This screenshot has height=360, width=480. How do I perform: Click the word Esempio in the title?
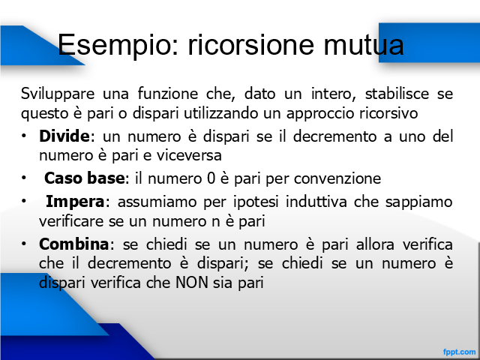coord(118,45)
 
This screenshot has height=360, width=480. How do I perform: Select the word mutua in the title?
coord(364,45)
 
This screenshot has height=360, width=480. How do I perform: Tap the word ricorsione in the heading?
coord(251,45)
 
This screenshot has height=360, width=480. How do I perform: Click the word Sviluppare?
coord(58,94)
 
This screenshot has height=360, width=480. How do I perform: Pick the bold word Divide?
coord(64,136)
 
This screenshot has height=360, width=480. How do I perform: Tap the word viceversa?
coord(189,155)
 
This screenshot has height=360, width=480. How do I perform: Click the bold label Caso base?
coord(85,178)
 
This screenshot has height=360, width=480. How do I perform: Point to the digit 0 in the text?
coord(211,178)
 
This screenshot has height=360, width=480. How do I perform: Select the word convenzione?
coord(337,178)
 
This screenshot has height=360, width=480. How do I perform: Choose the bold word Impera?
coord(75,202)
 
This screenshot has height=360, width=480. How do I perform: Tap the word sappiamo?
coord(418,202)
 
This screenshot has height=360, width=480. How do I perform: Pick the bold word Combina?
coord(73,244)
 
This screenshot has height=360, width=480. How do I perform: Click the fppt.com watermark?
coord(460,352)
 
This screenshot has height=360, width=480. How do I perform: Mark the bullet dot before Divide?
coord(23,136)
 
